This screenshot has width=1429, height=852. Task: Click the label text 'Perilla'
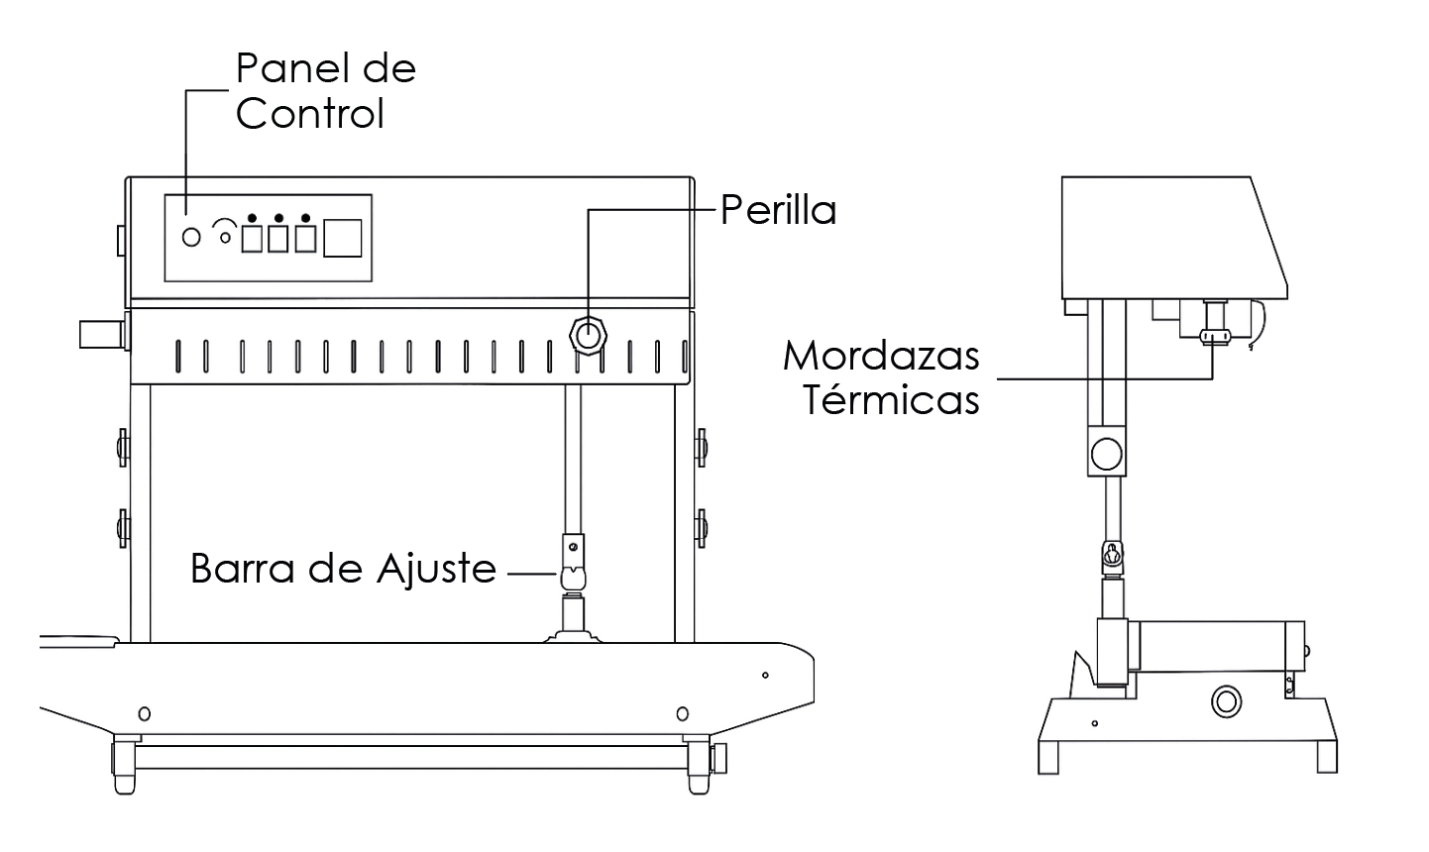click(778, 210)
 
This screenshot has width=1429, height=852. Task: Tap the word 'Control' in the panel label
click(309, 114)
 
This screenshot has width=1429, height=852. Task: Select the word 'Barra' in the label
click(239, 570)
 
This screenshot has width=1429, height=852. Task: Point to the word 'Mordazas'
click(881, 355)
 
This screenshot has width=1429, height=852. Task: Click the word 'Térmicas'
click(891, 400)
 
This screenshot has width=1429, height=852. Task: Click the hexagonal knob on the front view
click(588, 336)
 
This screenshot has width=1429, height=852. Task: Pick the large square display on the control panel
click(343, 239)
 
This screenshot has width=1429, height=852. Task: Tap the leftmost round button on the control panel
click(192, 238)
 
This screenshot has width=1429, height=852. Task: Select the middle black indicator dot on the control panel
click(278, 218)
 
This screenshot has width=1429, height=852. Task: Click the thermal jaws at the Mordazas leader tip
click(1213, 336)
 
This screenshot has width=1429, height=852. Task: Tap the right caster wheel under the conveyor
click(699, 764)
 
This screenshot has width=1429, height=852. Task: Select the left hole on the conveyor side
click(145, 713)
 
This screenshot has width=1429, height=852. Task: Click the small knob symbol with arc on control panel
click(226, 234)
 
